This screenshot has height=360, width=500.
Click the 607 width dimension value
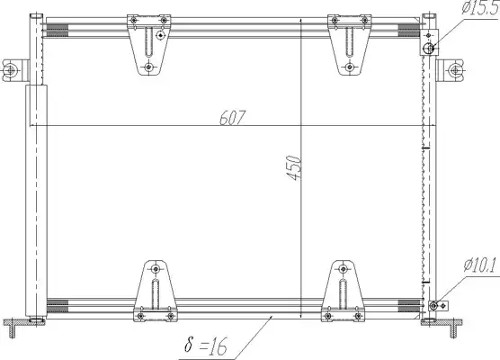tap(233, 117)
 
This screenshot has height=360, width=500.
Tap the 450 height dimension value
tap(293, 168)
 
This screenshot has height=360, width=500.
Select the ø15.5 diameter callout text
tap(480, 8)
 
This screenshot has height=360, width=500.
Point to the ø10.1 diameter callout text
tap(480, 265)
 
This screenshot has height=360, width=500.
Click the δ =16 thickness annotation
tap(206, 346)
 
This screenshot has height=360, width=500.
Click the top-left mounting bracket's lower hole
tap(148, 67)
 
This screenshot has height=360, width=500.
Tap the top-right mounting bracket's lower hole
tap(350, 67)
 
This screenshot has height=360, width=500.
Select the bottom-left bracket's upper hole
tap(156, 269)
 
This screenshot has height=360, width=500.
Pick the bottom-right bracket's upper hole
tap(344, 269)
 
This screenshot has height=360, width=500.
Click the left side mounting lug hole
tap(10, 70)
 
